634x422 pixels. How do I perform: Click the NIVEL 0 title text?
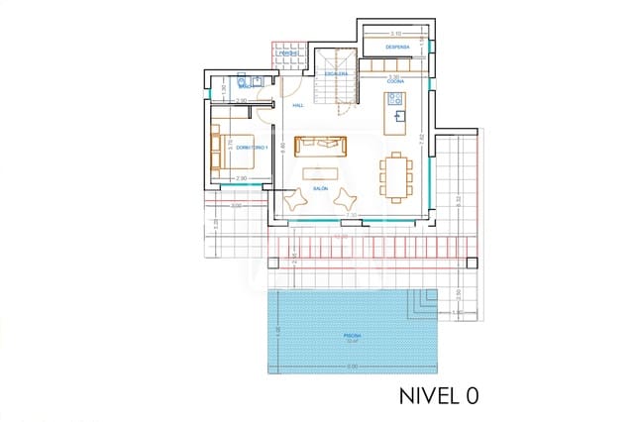[x=439, y=395]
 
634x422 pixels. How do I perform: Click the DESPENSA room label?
[x=398, y=47]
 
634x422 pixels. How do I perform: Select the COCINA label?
[x=394, y=83]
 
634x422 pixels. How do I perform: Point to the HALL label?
[x=298, y=105]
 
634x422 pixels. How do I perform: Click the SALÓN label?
[x=321, y=187]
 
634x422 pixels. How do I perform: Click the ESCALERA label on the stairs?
[x=336, y=73]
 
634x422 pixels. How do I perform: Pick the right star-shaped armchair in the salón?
[x=343, y=200]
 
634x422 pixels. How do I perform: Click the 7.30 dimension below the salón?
[x=350, y=215]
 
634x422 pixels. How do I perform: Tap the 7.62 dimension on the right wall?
[x=421, y=139]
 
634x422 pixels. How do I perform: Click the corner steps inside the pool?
[x=427, y=301]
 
